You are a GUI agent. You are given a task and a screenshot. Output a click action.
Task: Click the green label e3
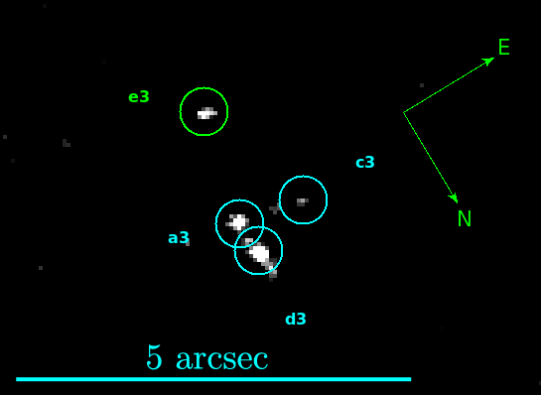[139, 97]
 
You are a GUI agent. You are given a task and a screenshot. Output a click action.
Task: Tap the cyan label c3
[365, 163]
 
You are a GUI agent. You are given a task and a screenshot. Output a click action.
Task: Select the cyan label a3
[178, 238]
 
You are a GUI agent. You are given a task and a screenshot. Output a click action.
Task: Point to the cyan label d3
[296, 320]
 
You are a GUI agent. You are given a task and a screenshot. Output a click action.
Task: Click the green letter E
[503, 48]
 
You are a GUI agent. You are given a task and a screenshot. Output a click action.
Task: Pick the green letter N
[464, 219]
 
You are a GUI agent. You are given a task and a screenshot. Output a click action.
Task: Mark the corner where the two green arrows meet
[404, 113]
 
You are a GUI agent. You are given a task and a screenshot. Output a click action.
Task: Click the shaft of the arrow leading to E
[447, 87]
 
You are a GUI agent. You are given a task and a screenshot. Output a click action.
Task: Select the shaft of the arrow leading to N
[429, 155]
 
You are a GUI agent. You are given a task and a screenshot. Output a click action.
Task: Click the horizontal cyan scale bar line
[213, 379]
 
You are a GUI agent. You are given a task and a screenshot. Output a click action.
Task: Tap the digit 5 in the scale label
[154, 357]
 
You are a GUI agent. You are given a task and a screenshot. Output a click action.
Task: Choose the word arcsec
[221, 359]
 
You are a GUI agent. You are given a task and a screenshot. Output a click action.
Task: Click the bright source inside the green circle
[205, 113]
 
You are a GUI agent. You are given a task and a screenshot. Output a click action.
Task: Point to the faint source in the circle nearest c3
[302, 201]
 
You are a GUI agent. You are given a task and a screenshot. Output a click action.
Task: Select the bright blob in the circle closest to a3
[238, 222]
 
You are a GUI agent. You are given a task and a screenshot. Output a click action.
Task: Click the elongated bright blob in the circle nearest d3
[259, 253]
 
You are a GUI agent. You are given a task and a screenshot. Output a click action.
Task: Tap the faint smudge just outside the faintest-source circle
[274, 209]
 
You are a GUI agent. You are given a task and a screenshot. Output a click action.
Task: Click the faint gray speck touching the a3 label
[187, 242]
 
